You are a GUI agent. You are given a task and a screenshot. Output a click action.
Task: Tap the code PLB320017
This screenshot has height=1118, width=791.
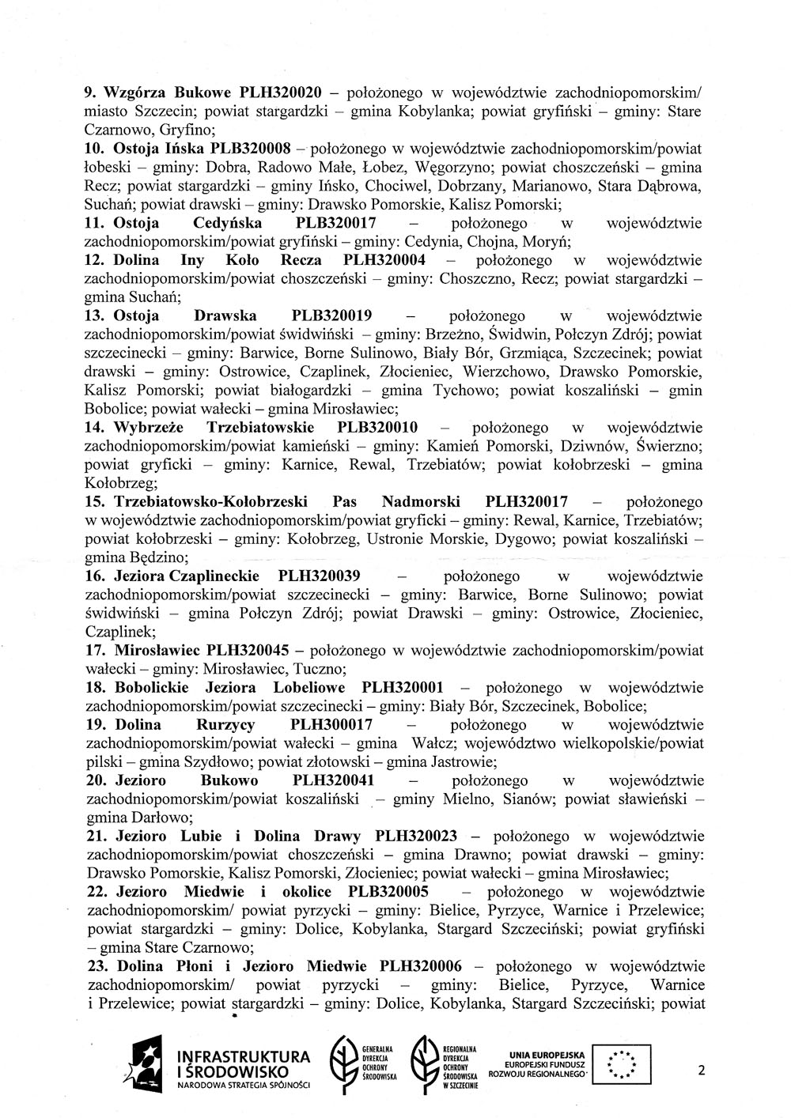[335, 223]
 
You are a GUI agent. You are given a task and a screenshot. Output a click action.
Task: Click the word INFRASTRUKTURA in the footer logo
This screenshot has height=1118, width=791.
[244, 1057]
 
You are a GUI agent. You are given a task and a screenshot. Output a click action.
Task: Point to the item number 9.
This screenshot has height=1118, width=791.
[91, 92]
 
